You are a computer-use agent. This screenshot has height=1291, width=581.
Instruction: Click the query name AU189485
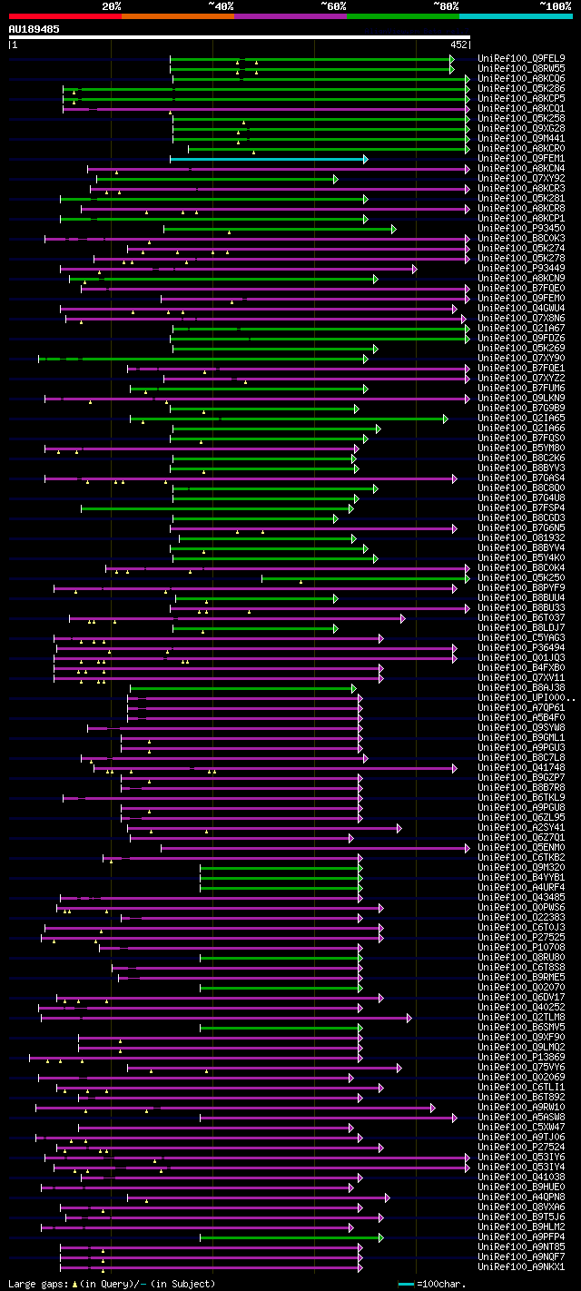point(34,29)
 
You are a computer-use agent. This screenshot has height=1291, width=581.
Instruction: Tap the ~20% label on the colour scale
point(111,6)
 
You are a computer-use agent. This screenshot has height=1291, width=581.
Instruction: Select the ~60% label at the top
point(333,6)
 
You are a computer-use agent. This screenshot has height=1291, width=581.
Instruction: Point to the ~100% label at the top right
point(555,6)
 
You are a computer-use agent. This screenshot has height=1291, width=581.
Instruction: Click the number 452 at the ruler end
point(458,44)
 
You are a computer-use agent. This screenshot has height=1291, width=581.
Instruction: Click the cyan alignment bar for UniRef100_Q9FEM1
point(267,159)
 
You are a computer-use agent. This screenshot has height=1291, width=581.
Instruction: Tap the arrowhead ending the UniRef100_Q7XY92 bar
point(335,179)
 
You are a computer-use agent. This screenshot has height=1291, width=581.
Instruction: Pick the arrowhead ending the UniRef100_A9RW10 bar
point(433,1108)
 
